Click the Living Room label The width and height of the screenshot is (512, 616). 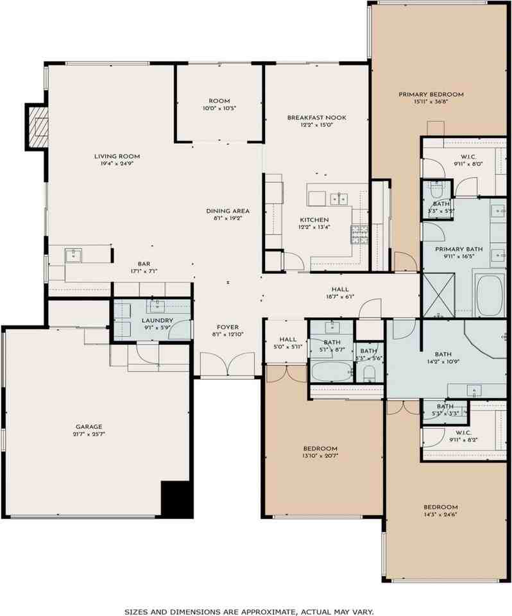click(x=117, y=156)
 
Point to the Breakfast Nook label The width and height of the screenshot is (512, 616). click(x=316, y=117)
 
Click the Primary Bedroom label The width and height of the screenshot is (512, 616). click(x=431, y=94)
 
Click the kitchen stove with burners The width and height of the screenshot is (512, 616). click(x=357, y=234)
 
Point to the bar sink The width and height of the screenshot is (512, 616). click(x=73, y=255)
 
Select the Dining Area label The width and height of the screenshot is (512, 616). click(x=227, y=211)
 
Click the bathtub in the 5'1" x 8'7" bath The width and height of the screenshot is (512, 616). click(x=330, y=372)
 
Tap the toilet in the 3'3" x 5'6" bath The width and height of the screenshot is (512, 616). click(x=369, y=373)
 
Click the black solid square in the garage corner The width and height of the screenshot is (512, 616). click(x=176, y=498)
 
